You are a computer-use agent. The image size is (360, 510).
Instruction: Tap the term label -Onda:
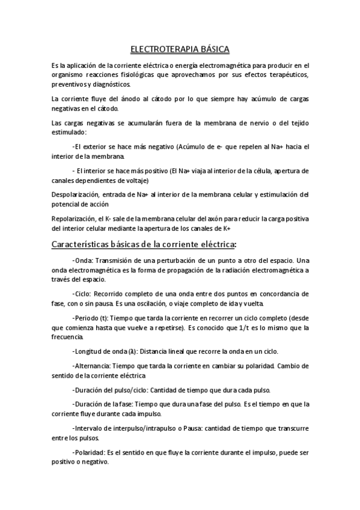pos(82,260)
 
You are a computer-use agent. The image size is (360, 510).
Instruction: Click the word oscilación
pos(152,304)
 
